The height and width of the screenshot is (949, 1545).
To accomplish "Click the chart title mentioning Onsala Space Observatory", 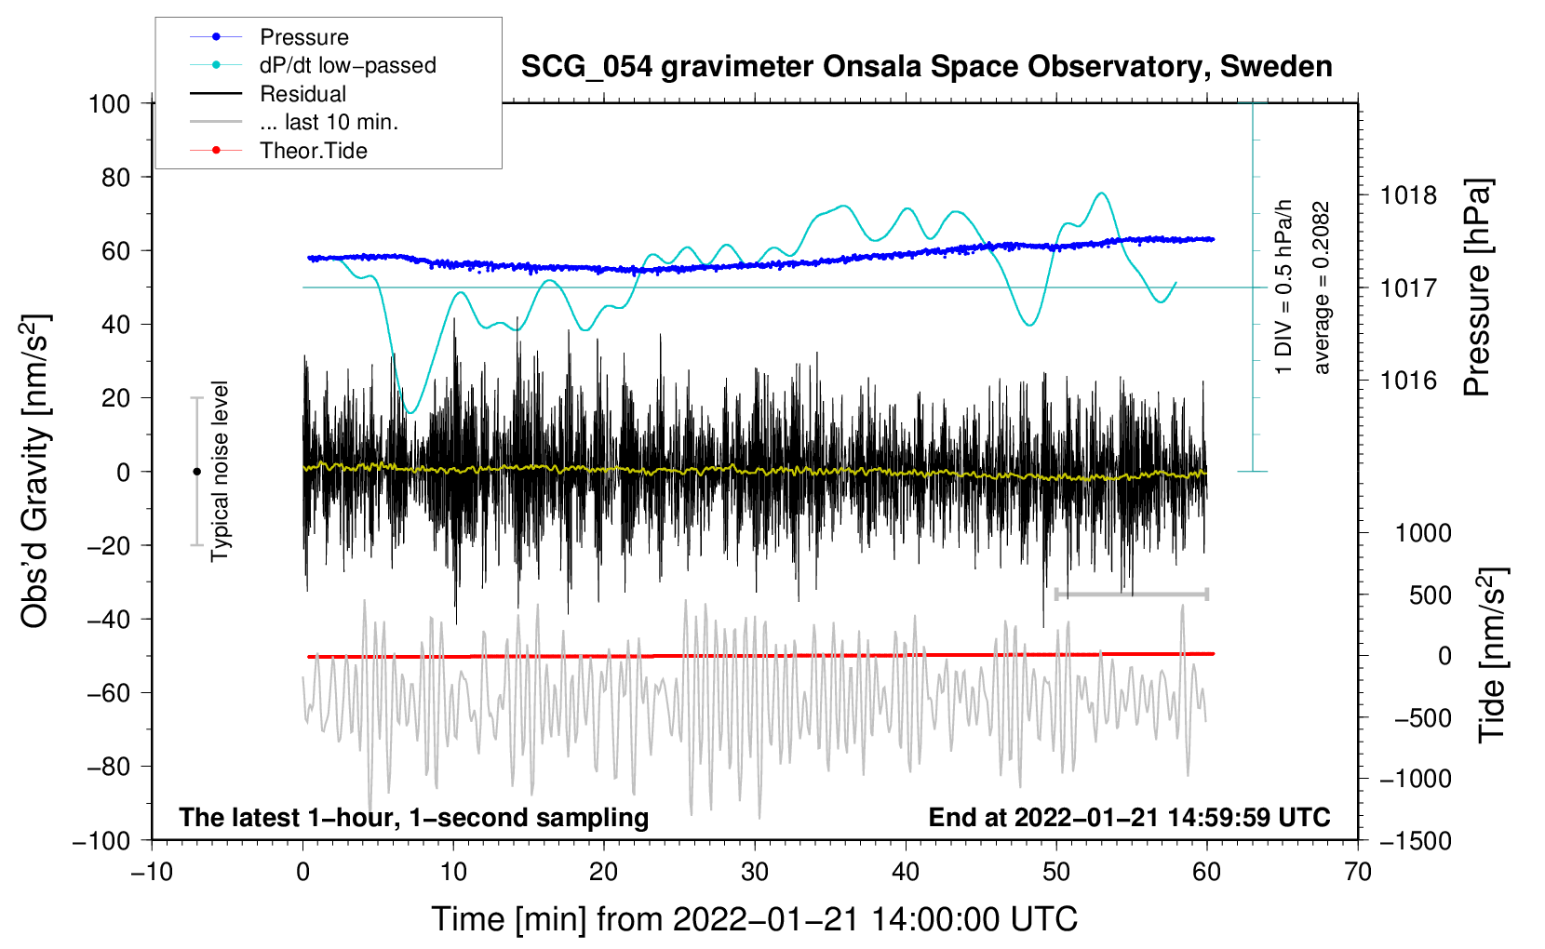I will pyautogui.click(x=926, y=67).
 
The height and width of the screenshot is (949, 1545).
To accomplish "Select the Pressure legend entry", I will pyautogui.click(x=303, y=37).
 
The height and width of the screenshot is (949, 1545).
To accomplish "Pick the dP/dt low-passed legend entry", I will pyautogui.click(x=347, y=65).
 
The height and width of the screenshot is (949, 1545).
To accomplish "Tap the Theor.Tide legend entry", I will pyautogui.click(x=313, y=151).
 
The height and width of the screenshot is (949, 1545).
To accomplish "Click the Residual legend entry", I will pyautogui.click(x=302, y=94).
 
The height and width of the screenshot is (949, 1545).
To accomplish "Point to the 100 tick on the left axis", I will pyautogui.click(x=109, y=103).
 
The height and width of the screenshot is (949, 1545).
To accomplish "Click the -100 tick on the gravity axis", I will pyautogui.click(x=101, y=840).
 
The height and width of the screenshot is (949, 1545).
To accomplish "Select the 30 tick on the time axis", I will pyautogui.click(x=755, y=872).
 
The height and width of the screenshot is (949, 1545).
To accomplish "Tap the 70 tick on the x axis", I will pyautogui.click(x=1358, y=872).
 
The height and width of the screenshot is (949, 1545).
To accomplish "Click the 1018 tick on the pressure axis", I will pyautogui.click(x=1408, y=195).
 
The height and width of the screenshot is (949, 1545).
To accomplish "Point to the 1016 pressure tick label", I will pyautogui.click(x=1408, y=380).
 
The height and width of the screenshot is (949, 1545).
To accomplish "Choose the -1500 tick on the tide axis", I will pyautogui.click(x=1416, y=840).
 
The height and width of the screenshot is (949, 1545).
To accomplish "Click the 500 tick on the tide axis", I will pyautogui.click(x=1430, y=595).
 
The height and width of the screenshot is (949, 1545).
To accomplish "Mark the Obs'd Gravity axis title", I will pyautogui.click(x=35, y=471).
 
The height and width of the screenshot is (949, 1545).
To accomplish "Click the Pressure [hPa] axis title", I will pyautogui.click(x=1477, y=287).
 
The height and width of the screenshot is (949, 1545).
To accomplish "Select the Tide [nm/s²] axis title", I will pyautogui.click(x=1492, y=655).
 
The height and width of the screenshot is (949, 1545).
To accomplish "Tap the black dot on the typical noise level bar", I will pyautogui.click(x=196, y=472).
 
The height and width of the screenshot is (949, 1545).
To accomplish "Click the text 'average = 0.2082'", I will pyautogui.click(x=1321, y=287).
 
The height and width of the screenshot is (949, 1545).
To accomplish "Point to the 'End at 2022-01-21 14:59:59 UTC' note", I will pyautogui.click(x=1129, y=817).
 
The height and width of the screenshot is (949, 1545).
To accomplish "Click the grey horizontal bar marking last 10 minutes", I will pyautogui.click(x=1131, y=594).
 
